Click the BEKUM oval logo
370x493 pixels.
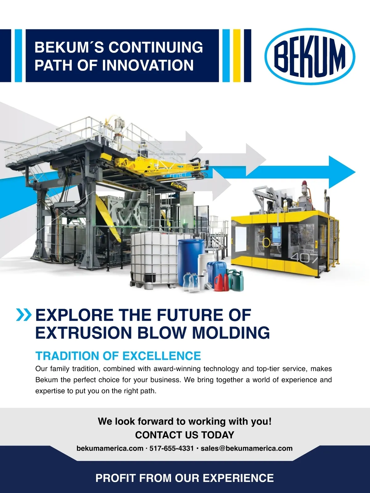(310, 56)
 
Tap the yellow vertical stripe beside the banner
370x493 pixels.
(237, 56)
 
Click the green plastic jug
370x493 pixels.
(235, 280)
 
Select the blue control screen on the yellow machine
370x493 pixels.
(276, 235)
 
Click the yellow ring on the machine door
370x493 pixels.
(266, 242)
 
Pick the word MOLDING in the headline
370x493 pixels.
(231, 333)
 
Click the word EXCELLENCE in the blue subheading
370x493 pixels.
(162, 356)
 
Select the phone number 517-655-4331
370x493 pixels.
(171, 449)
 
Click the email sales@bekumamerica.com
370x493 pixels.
(247, 449)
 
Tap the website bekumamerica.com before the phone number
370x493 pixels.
(110, 449)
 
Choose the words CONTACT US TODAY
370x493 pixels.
(185, 435)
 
